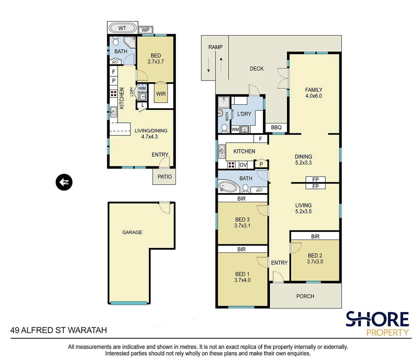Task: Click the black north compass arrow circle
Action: tap(64, 182)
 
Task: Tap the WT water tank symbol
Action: tap(122, 28)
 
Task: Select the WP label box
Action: tap(145, 30)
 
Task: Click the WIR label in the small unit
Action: tap(161, 94)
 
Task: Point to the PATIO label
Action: tap(165, 177)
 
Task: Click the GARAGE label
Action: tap(132, 232)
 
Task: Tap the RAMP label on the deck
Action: tap(216, 47)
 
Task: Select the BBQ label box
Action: tap(276, 127)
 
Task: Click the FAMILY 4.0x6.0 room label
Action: tap(314, 93)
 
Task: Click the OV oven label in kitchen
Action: tap(243, 165)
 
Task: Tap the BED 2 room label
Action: tap(315, 258)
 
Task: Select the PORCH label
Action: tap(305, 296)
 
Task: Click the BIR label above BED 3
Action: tap(242, 199)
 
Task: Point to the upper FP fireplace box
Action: tap(316, 180)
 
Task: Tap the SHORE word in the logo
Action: tap(377, 319)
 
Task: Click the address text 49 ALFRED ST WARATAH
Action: tap(59, 330)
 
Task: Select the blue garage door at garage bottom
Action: tap(129, 303)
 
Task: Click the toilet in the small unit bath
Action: tap(116, 41)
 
